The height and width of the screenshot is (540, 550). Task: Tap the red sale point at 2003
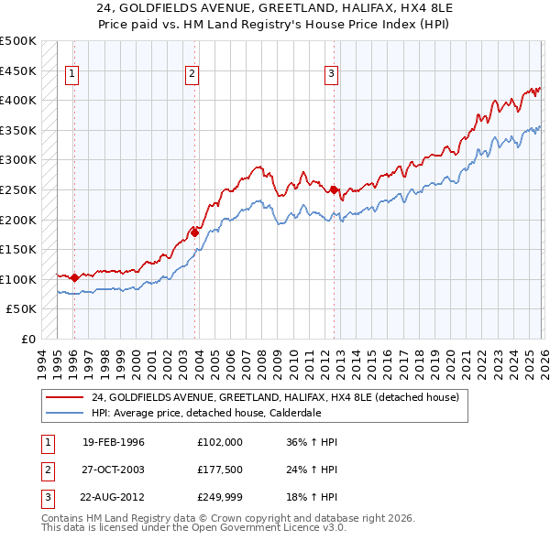[195, 232]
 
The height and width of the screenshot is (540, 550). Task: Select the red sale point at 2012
[334, 189]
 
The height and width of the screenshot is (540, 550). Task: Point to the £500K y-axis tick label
[18, 41]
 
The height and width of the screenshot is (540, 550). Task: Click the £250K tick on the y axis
[18, 189]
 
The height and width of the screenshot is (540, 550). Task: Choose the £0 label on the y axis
[27, 339]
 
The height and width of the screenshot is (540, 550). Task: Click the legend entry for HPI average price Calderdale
[206, 413]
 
